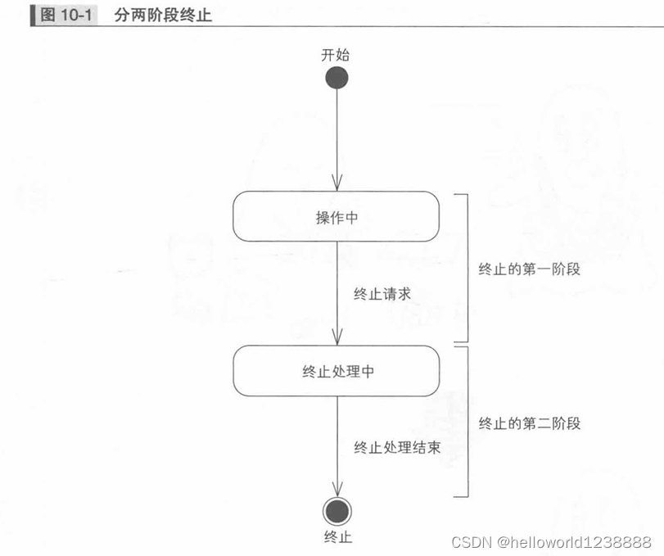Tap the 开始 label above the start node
337,55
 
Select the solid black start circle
337,78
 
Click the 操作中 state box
337,216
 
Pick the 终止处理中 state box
337,371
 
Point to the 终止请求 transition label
382,294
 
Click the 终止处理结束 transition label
397,448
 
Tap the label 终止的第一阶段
529,269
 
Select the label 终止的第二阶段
529,423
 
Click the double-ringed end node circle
337,512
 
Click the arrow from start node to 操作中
337,139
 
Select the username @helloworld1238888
575,542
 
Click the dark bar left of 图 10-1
34,15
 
